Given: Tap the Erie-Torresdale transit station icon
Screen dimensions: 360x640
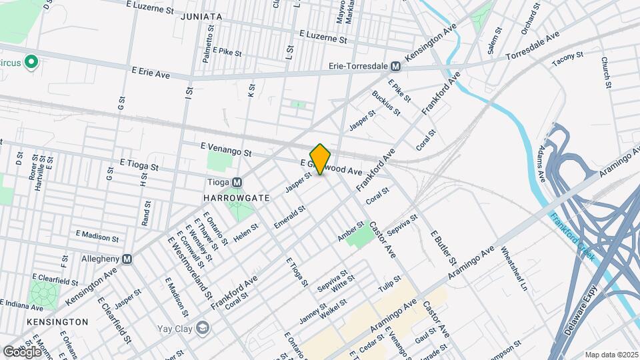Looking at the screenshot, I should (x=396, y=67).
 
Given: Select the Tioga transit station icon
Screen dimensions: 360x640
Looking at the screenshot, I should (x=237, y=183).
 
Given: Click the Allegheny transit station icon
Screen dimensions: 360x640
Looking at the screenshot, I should (x=127, y=259).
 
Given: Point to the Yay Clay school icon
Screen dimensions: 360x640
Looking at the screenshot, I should (x=203, y=327).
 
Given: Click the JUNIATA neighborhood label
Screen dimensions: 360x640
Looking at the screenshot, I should (x=201, y=16).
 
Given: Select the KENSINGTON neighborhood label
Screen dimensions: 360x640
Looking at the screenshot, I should (x=58, y=322).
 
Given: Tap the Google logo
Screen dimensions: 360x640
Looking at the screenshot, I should (x=22, y=351).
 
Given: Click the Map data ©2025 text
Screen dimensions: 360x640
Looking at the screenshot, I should (x=611, y=355).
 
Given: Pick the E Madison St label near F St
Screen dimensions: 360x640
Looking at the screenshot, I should (x=97, y=236).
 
